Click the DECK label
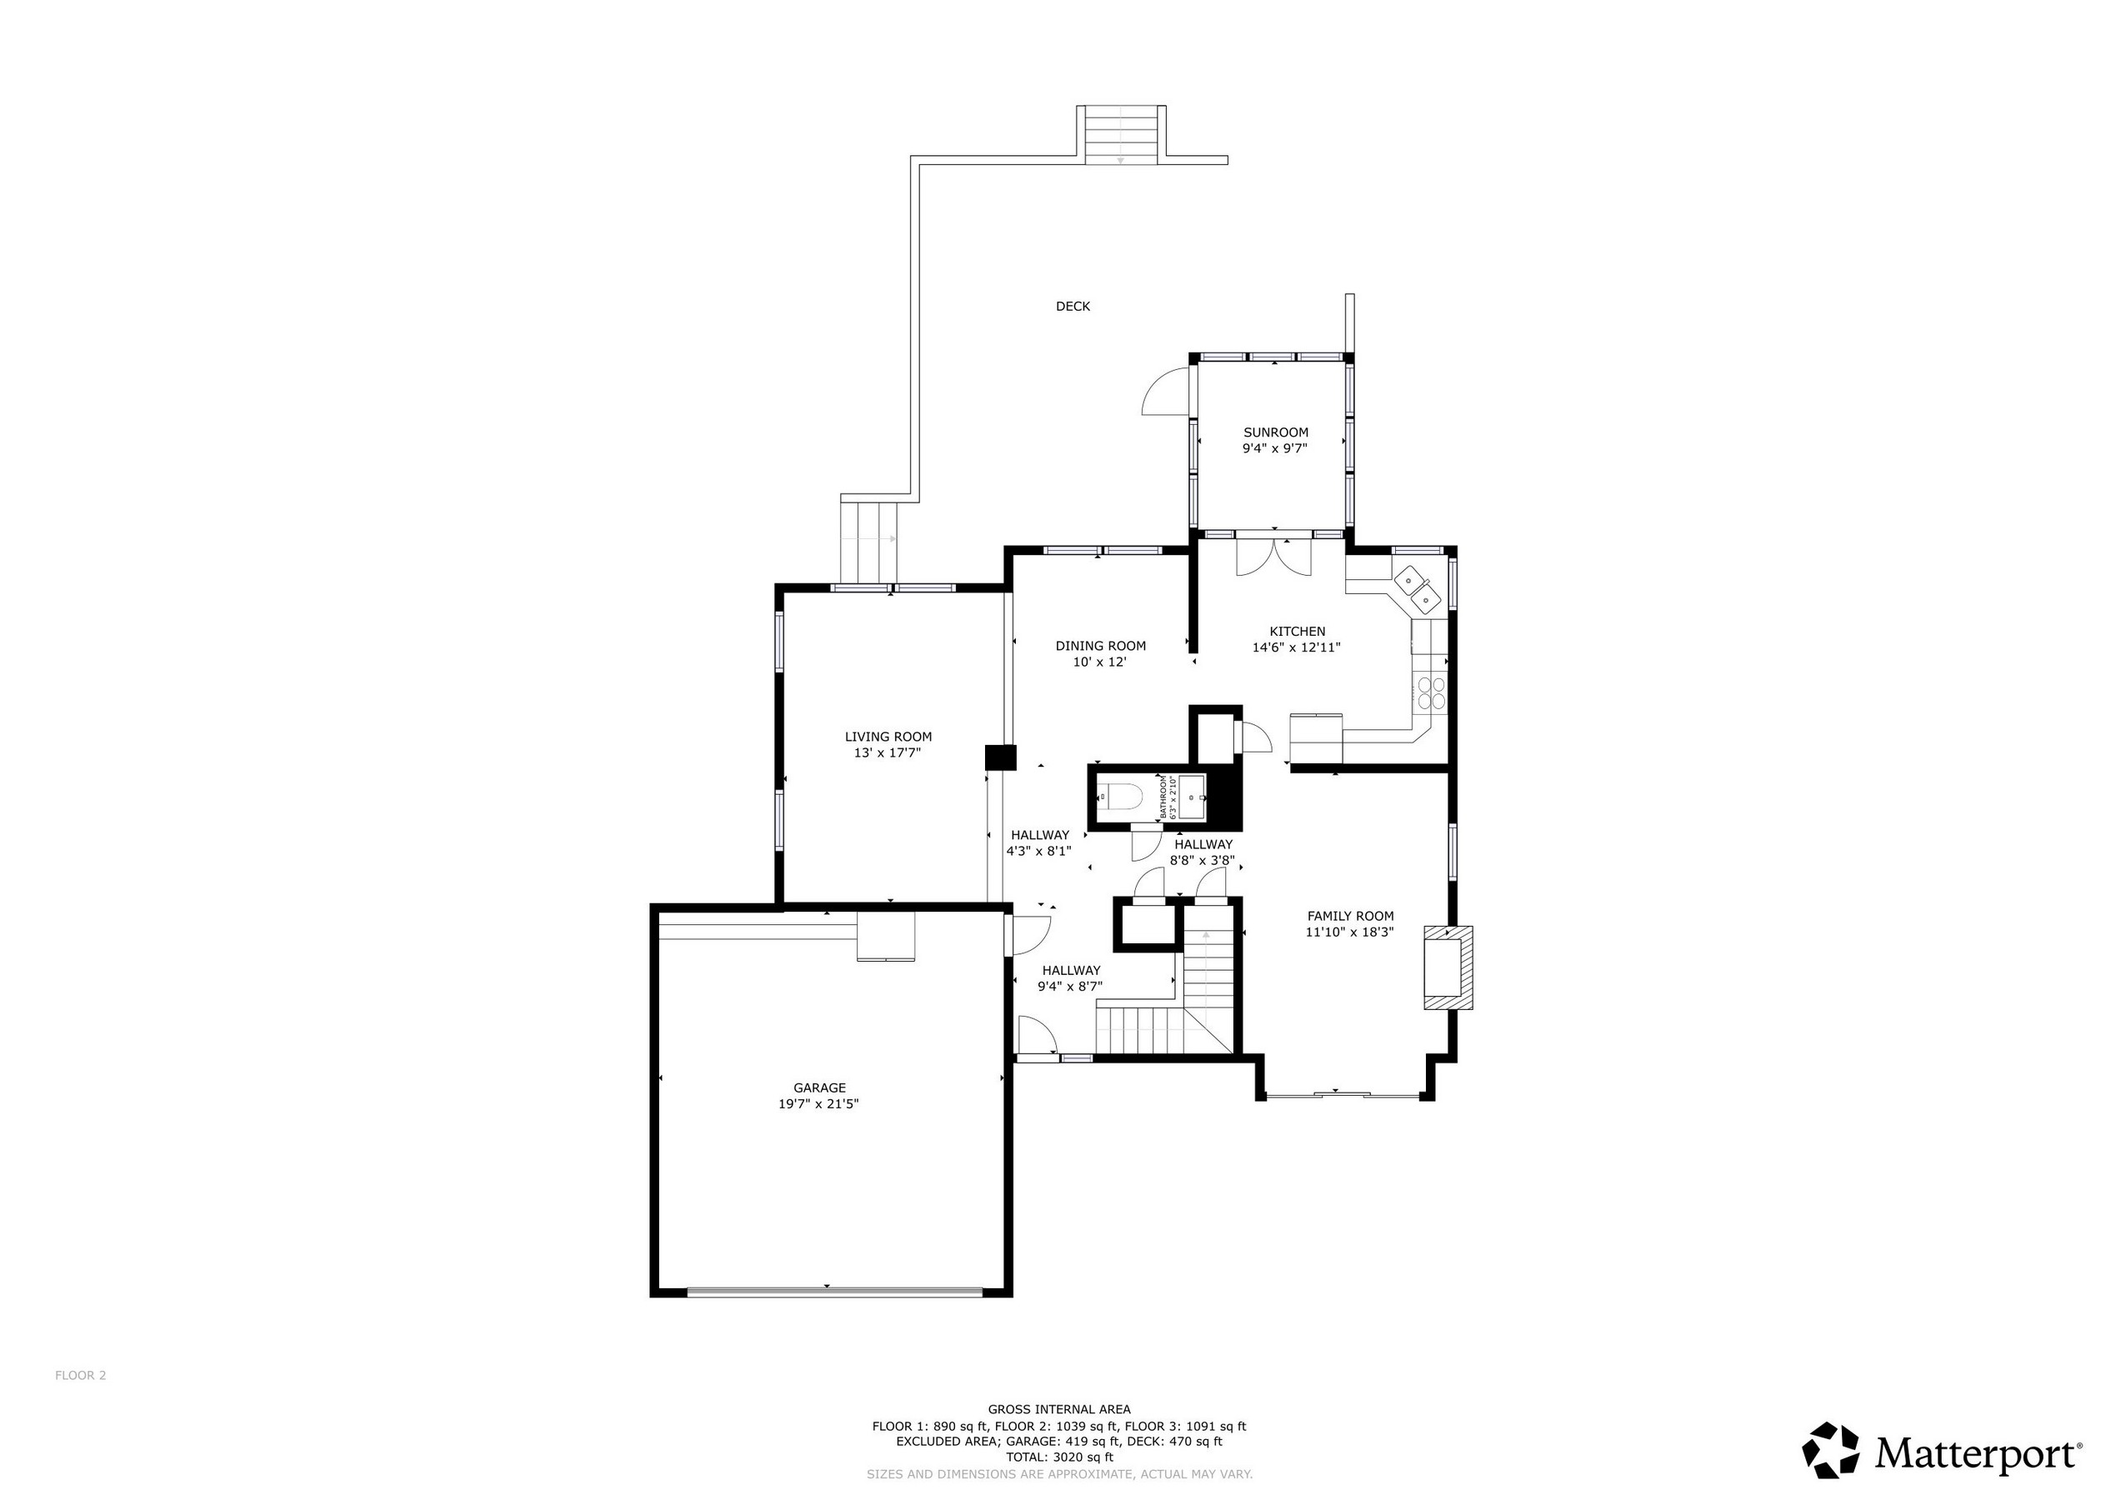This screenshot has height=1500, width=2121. pyautogui.click(x=1073, y=307)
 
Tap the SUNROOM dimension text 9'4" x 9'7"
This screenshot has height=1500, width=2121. pyautogui.click(x=1275, y=449)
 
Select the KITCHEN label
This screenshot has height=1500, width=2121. pyautogui.click(x=1297, y=632)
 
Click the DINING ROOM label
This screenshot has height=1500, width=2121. pyautogui.click(x=1100, y=646)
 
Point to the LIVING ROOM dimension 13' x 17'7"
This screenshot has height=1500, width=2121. pyautogui.click(x=888, y=752)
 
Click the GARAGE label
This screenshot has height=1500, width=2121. pyautogui.click(x=819, y=1088)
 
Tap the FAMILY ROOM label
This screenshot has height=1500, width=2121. pyautogui.click(x=1349, y=917)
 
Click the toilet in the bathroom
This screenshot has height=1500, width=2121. pyautogui.click(x=1118, y=795)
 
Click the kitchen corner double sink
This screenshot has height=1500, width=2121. pyautogui.click(x=1417, y=590)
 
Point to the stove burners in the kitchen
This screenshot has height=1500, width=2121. pyautogui.click(x=1431, y=692)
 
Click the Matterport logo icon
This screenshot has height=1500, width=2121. pyautogui.click(x=1830, y=1450)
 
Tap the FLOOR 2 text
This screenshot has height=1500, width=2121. pyautogui.click(x=80, y=1375)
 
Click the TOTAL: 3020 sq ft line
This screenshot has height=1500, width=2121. pyautogui.click(x=1058, y=1457)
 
